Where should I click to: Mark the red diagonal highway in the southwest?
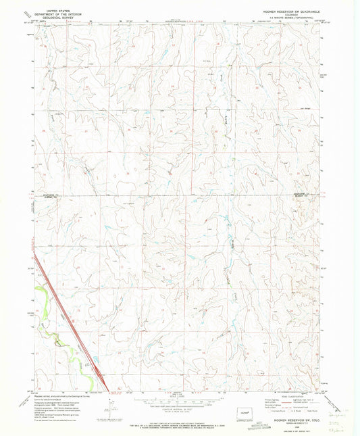pyautogui.click(x=68, y=318)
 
